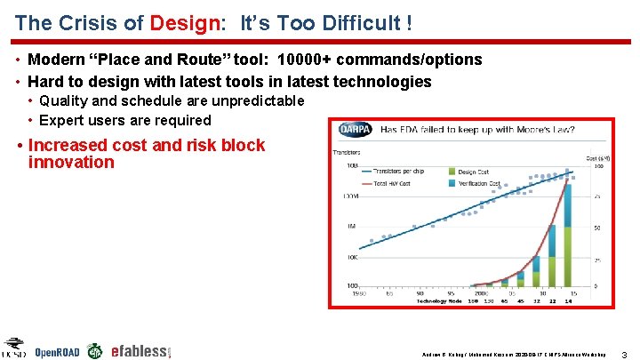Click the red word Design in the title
pos(184,22)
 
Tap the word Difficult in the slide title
pos(359,22)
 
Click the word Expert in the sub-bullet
pos(64,120)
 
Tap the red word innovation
pos(71,163)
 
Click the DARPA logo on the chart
pos(356,131)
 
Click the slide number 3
pos(626,353)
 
